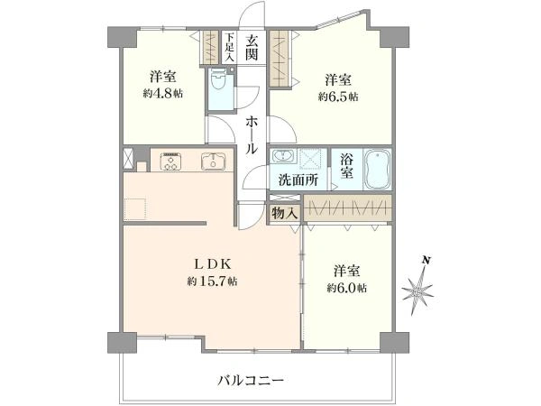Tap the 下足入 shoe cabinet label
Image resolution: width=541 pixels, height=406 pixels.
230,48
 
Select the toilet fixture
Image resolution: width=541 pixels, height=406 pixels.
218,87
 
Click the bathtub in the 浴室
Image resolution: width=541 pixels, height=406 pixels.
375,168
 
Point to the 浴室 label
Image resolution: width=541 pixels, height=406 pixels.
347,168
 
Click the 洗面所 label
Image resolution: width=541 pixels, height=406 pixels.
298,179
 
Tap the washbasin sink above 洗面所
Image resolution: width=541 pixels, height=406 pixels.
282,156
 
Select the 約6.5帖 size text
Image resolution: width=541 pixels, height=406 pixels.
339,97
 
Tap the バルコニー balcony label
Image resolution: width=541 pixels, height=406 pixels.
251,380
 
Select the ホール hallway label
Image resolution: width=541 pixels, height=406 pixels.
252,135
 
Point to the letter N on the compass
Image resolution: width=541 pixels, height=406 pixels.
426,261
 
